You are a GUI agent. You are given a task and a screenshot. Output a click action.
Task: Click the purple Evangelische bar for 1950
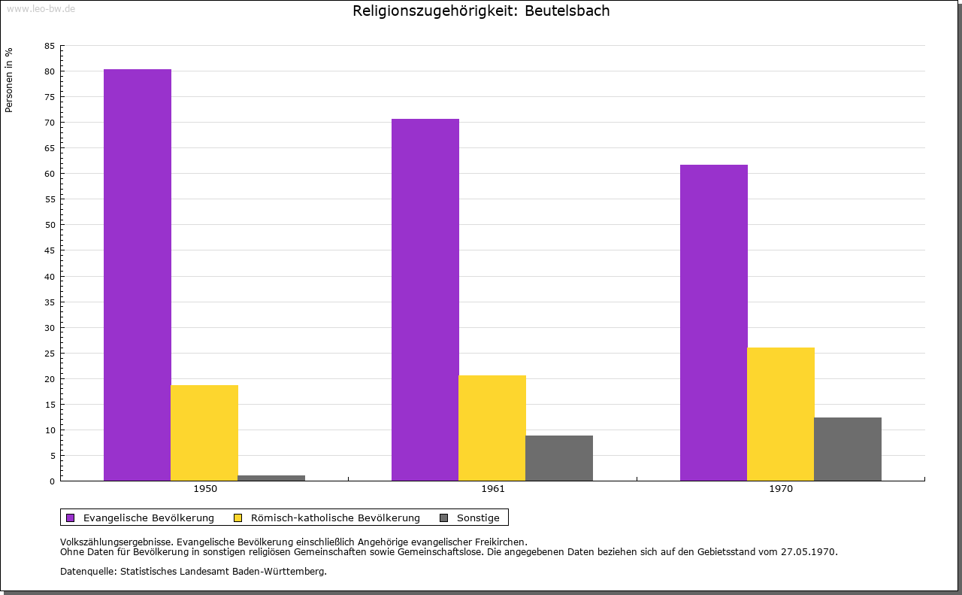[x=138, y=275]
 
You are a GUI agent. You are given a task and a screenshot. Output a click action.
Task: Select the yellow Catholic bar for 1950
[x=204, y=433]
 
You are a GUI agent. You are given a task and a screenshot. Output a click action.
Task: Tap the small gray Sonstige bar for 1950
[x=271, y=478]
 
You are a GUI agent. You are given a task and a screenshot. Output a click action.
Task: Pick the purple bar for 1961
[x=425, y=299]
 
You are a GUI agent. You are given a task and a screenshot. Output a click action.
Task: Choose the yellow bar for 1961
[x=492, y=427]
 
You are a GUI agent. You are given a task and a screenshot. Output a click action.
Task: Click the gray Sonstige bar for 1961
[x=559, y=457]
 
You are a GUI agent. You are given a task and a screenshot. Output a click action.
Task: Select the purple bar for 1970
[x=714, y=322]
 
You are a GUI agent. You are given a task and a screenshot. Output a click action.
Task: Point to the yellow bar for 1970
[x=781, y=414]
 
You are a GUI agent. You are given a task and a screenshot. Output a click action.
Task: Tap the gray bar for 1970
[x=848, y=448]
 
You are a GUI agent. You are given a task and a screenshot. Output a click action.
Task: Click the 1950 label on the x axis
[x=205, y=489]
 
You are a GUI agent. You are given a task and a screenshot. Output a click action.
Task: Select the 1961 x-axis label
[x=493, y=489]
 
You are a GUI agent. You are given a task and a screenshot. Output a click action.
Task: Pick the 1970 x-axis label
[x=781, y=489]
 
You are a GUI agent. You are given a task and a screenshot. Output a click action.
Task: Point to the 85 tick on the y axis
[x=50, y=46]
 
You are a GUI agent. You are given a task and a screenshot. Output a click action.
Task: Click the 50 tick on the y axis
[x=50, y=225]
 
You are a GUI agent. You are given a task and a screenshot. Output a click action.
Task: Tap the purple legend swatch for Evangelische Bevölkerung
[x=71, y=518]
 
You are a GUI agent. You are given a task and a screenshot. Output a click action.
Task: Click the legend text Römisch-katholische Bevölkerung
[x=335, y=518]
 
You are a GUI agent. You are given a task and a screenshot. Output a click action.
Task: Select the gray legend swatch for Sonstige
[x=443, y=518]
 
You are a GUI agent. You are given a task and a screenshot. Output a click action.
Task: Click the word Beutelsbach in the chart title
[x=567, y=11]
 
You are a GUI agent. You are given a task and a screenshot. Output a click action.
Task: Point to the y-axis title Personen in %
[x=9, y=80]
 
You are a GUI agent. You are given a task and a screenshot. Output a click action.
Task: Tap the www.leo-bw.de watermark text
[x=41, y=8]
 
